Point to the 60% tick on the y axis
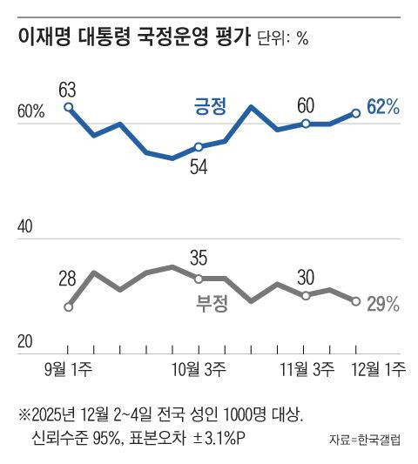click(30, 112)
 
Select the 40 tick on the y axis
click(26, 226)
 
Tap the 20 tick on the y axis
click(26, 340)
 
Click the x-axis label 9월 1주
click(70, 368)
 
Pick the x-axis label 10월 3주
click(199, 368)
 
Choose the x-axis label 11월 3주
click(306, 368)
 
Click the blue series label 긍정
click(210, 107)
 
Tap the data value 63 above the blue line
click(68, 88)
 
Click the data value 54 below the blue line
click(199, 168)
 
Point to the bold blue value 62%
click(383, 107)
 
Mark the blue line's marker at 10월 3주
click(199, 147)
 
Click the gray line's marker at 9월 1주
click(69, 306)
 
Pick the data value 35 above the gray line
click(199, 258)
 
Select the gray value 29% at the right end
click(382, 304)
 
